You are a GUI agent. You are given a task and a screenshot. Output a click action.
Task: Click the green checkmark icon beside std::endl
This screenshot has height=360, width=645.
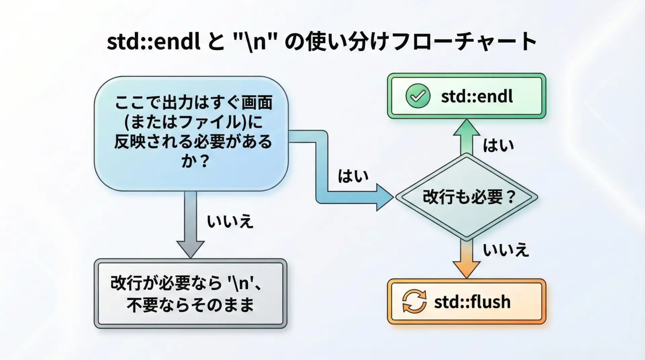point(418,96)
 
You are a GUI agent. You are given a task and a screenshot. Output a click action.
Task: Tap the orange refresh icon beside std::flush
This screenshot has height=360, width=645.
point(414,301)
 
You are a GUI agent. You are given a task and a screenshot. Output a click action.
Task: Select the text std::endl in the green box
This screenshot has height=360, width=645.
point(477,97)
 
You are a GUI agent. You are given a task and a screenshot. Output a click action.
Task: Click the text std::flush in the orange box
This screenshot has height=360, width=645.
point(472,302)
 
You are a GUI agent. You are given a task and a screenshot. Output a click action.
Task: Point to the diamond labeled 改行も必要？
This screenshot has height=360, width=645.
point(467,197)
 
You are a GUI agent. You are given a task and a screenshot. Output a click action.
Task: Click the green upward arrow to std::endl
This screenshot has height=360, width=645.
point(466,137)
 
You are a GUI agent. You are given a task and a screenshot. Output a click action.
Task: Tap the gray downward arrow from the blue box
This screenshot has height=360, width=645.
point(190,225)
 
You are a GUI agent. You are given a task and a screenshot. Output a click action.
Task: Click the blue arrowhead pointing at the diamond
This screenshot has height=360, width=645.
point(385,197)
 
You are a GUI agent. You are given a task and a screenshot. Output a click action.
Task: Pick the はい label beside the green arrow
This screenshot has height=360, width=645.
point(499,146)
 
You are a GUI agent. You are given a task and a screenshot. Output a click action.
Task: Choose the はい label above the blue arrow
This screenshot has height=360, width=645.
point(353,176)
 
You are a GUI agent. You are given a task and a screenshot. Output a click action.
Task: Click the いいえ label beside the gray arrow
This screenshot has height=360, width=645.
point(230,222)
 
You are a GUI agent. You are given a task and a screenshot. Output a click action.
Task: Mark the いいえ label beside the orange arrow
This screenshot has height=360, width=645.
point(506,250)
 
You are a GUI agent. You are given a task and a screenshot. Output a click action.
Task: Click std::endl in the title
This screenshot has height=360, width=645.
point(154,42)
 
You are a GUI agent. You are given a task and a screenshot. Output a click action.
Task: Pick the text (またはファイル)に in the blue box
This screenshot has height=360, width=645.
point(193,122)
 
